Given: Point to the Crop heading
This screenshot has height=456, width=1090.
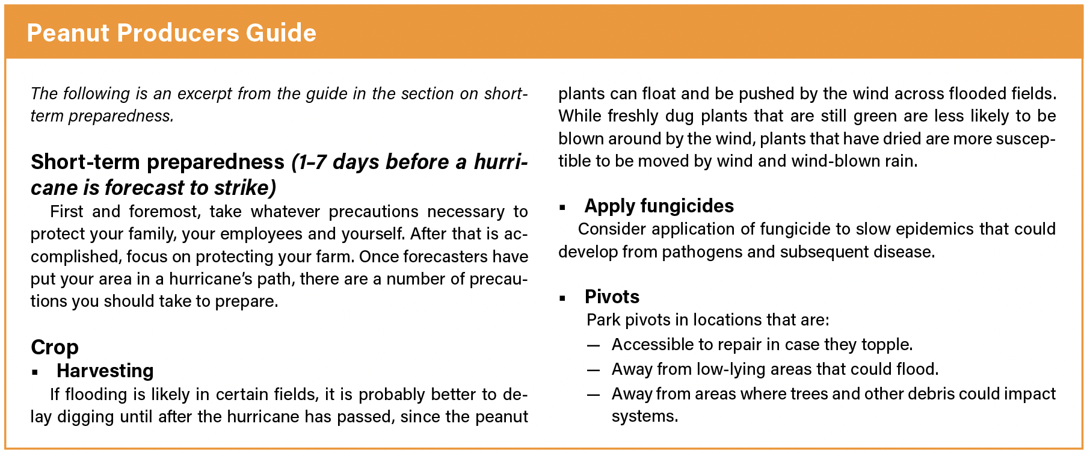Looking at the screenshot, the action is pyautogui.click(x=55, y=348).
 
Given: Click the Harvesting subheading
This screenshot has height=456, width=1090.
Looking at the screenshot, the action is pyautogui.click(x=105, y=371).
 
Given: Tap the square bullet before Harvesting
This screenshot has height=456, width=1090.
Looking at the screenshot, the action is pyautogui.click(x=35, y=372).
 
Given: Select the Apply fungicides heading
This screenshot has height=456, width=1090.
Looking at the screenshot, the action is pyautogui.click(x=659, y=206).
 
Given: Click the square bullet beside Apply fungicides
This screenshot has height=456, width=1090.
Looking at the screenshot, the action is pyautogui.click(x=562, y=208).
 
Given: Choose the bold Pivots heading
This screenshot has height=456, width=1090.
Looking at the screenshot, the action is pyautogui.click(x=612, y=297).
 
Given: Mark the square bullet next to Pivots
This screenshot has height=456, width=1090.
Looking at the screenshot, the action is pyautogui.click(x=562, y=298).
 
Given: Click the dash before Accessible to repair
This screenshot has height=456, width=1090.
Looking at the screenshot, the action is pyautogui.click(x=594, y=345).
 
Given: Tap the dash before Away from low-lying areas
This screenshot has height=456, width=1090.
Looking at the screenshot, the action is pyautogui.click(x=594, y=370).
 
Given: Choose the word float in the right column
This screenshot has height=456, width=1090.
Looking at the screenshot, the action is pyautogui.click(x=658, y=94).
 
